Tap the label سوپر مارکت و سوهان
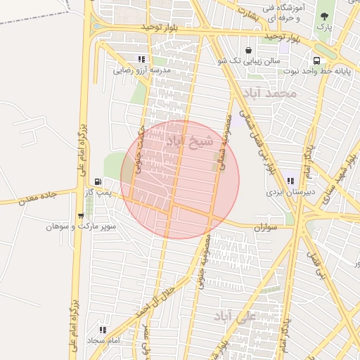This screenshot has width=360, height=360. [81, 227]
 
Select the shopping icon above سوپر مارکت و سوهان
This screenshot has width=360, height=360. [80, 216]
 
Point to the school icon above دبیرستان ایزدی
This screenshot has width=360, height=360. [290, 181]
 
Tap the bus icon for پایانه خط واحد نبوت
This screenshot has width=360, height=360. [317, 60]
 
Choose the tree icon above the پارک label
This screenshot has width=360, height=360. [324, 15]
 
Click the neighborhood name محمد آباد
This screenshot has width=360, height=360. [268, 93]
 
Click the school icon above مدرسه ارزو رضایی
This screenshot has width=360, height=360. [141, 60]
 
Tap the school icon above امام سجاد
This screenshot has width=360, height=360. [103, 329]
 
